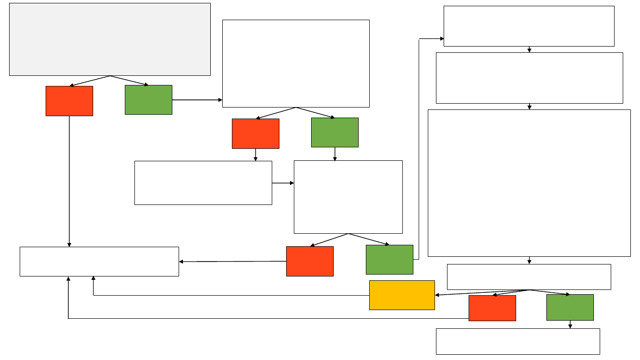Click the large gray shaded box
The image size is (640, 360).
(110, 39)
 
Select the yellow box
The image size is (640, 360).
(402, 295)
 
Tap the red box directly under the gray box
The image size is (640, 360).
(69, 101)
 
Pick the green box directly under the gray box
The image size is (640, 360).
(148, 100)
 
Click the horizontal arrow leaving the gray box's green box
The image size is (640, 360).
(197, 100)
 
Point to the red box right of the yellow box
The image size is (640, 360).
(492, 308)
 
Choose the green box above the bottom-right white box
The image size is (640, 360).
(570, 307)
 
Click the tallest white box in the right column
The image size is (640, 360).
(529, 183)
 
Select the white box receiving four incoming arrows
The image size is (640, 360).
(99, 262)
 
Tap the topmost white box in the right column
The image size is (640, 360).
(529, 26)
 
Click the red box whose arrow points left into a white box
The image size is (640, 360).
(310, 261)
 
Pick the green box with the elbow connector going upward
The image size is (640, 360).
(389, 259)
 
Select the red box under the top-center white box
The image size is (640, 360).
(255, 133)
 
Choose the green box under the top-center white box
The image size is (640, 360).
(335, 132)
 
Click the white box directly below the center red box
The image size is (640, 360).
(203, 183)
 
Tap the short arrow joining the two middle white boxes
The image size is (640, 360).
(283, 183)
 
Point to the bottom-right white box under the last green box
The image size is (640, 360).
(518, 341)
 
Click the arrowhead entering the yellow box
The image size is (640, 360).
(437, 295)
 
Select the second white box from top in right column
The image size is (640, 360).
(529, 78)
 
